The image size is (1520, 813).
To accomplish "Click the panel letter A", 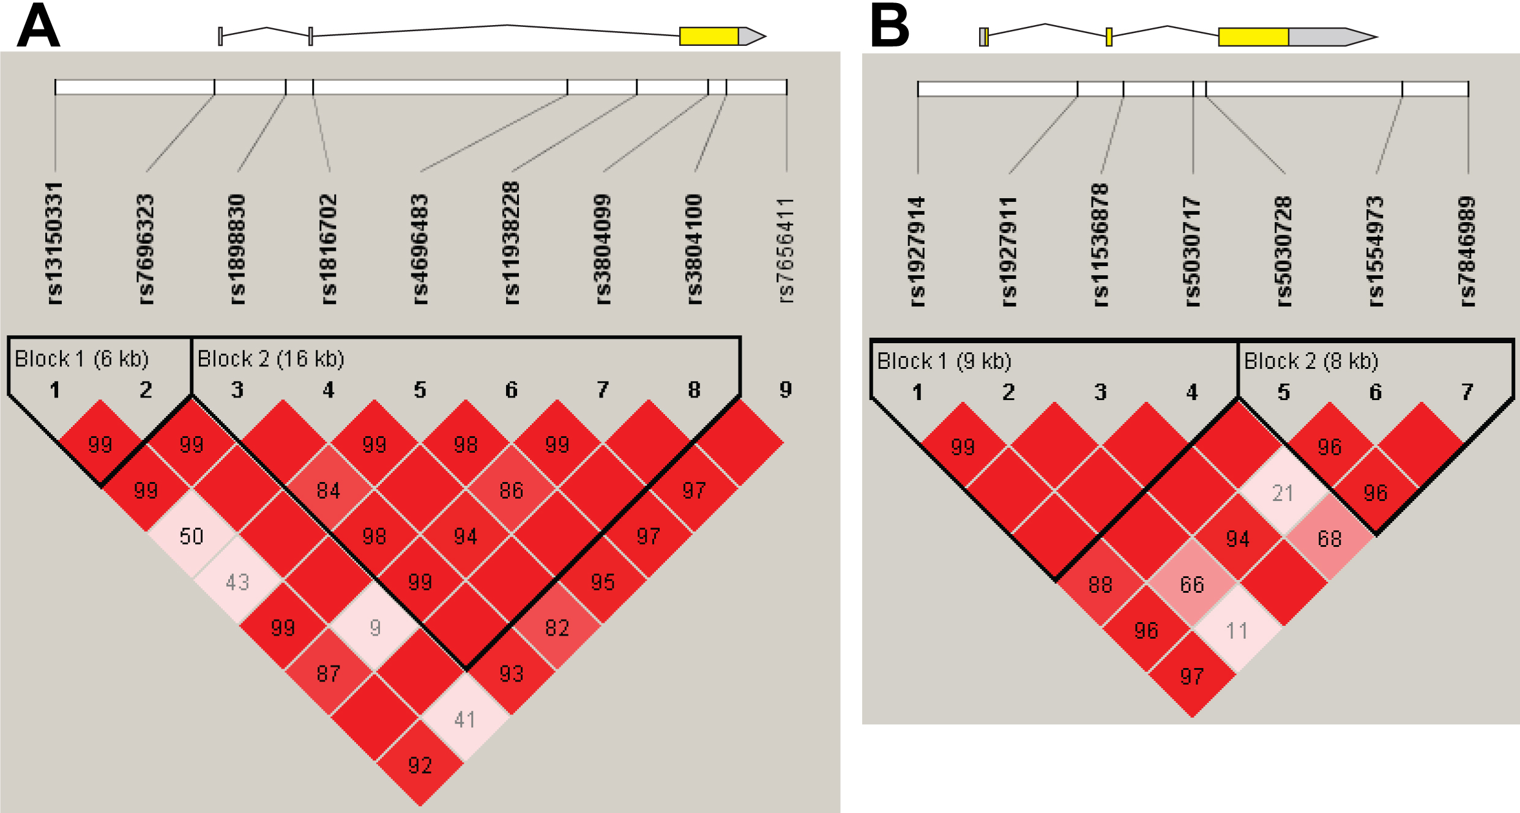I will [x=39, y=26].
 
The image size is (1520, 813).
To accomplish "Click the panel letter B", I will [x=890, y=26].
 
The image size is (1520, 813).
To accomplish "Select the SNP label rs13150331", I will [x=55, y=243].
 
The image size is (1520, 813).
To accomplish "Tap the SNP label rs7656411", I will [x=786, y=250].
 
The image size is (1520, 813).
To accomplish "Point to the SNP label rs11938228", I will [x=512, y=243].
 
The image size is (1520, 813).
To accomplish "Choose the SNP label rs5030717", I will [x=1192, y=251].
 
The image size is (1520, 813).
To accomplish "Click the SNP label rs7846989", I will [x=1467, y=251].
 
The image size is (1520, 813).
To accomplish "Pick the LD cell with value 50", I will [x=192, y=536].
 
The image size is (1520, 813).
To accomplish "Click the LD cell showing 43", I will [x=237, y=582].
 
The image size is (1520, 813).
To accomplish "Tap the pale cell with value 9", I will [x=374, y=627].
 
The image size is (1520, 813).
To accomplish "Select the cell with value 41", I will [x=465, y=719].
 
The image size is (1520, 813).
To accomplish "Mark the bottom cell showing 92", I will [x=420, y=765].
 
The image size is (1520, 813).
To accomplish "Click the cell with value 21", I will [x=1283, y=492].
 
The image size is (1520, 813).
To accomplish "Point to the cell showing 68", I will [x=1329, y=538].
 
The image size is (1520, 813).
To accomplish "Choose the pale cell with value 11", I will [x=1237, y=630].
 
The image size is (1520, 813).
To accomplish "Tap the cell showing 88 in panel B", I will [x=1100, y=585].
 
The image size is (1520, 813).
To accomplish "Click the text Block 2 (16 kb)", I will [x=271, y=358].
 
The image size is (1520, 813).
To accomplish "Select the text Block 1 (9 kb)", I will [x=944, y=361].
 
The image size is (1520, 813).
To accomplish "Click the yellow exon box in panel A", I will [x=709, y=36].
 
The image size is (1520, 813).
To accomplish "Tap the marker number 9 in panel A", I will [x=786, y=389].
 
